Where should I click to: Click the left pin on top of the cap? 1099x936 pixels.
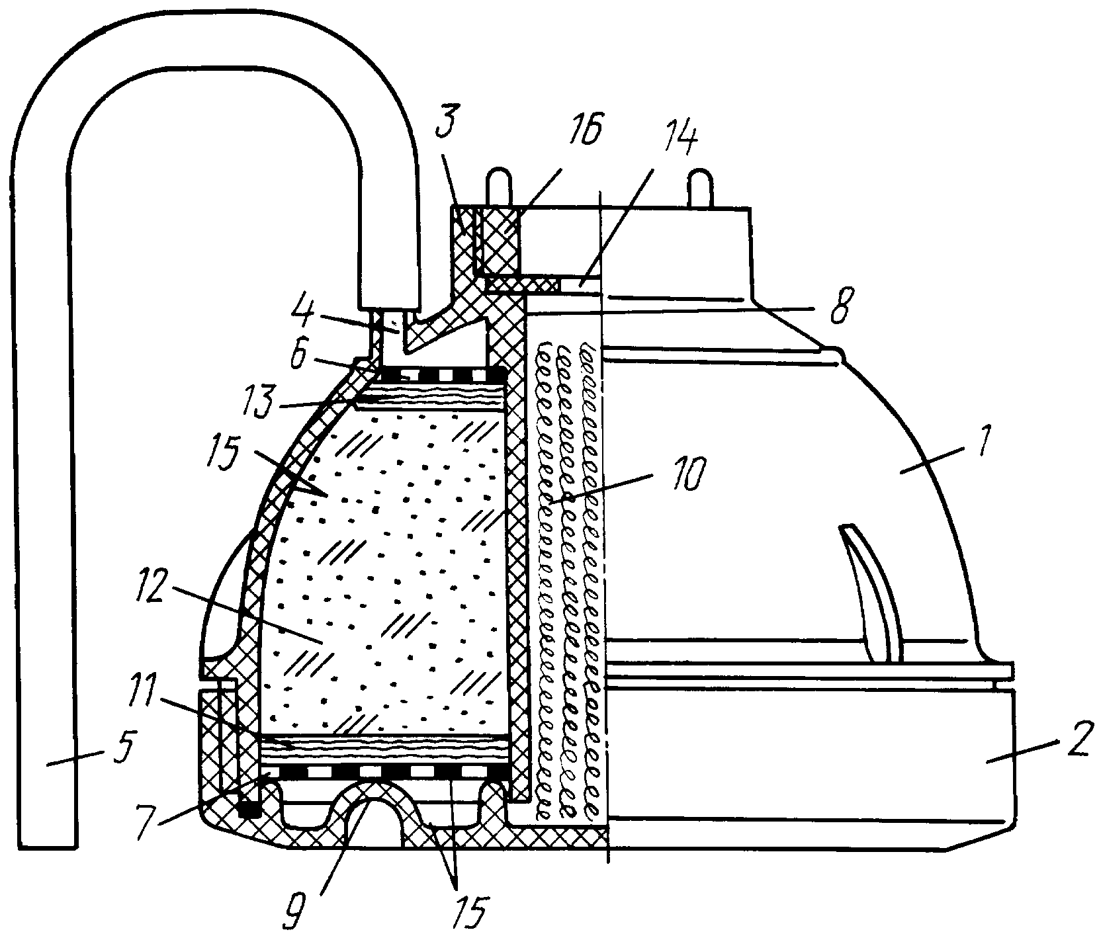(499, 188)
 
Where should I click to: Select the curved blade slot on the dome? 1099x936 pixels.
(872, 593)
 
